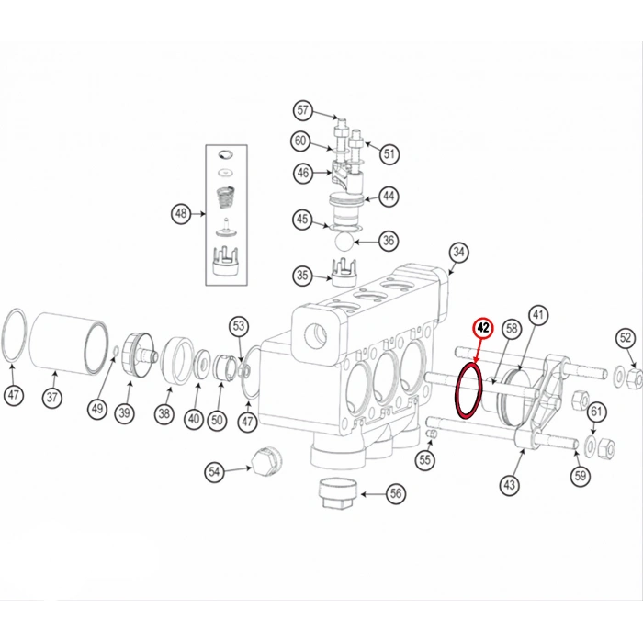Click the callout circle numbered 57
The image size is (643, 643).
click(302, 110)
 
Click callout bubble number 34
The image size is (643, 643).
click(458, 253)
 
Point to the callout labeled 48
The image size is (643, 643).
click(180, 214)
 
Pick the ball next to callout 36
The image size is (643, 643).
click(342, 241)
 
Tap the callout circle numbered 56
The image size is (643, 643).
click(396, 493)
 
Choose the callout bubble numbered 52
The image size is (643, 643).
click(626, 338)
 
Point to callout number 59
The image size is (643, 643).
click(579, 475)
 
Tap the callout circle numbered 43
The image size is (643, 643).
click(511, 484)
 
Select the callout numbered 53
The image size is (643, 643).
click(239, 325)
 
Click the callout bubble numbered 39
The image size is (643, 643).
click(124, 413)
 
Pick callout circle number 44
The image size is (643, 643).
click(389, 196)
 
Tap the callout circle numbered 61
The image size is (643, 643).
click(596, 411)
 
